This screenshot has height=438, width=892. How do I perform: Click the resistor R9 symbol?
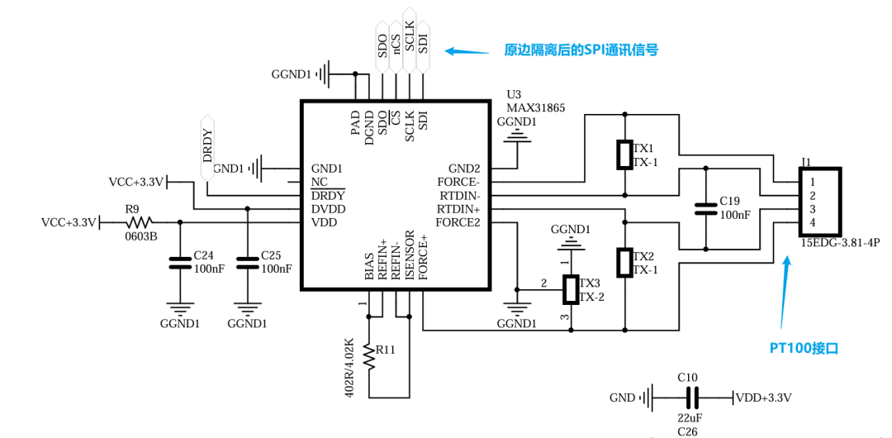pos(138,221)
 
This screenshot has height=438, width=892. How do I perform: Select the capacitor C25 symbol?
pos(246,264)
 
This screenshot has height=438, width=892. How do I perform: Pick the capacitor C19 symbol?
pos(705,207)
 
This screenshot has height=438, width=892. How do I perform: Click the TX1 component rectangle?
pos(624,155)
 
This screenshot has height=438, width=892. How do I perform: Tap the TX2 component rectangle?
pos(624,262)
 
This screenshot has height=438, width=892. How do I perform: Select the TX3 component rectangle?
pos(571,290)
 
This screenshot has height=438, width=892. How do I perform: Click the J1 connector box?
pos(819,202)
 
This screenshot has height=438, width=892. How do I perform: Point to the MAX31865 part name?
pos(535,107)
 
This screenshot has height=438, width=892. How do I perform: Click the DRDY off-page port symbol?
pos(207,149)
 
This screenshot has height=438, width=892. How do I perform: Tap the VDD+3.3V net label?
pos(764,398)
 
